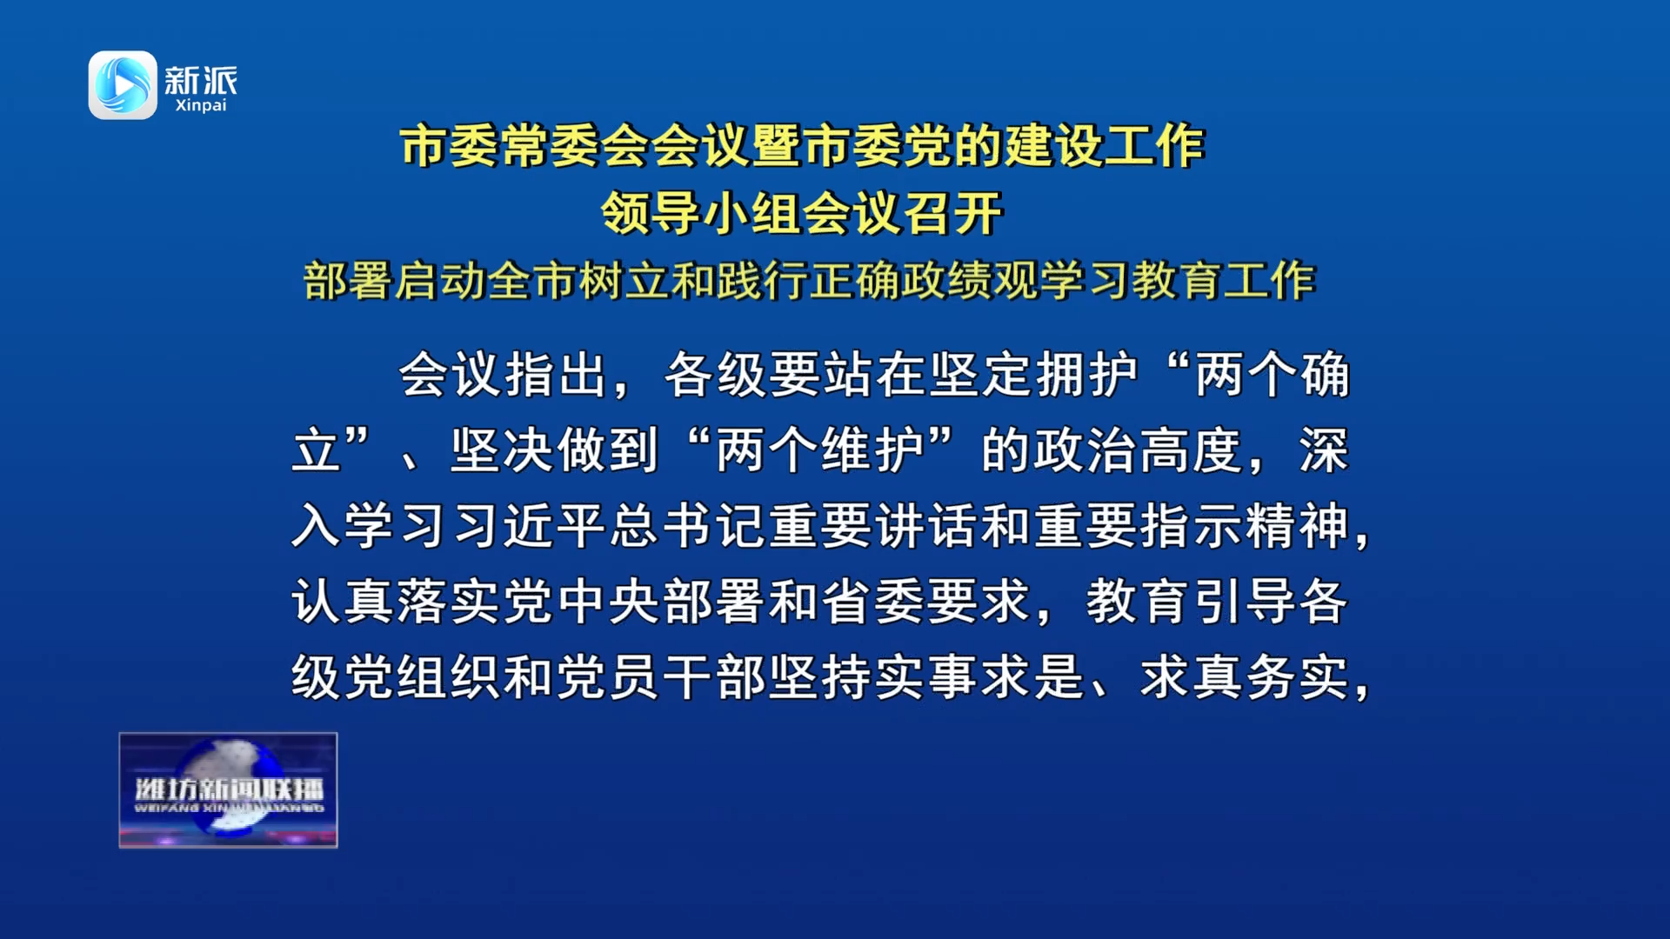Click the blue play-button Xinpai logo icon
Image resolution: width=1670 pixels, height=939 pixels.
point(123,85)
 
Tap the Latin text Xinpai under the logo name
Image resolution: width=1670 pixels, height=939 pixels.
point(201,105)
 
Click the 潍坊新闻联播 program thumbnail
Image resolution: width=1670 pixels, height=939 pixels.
point(228,789)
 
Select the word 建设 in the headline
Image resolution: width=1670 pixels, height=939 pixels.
point(1054,145)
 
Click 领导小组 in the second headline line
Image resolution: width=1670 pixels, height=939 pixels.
point(701,213)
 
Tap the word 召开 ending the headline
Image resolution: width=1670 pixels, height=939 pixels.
point(953,213)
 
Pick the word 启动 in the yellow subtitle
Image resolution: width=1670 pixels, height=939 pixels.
point(440,281)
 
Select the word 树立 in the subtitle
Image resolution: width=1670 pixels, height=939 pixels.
point(625,281)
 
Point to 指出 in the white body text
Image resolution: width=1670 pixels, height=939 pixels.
point(557,375)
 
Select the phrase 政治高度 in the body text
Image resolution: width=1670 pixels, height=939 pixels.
point(1139,450)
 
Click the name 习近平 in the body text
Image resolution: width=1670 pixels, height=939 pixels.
point(530,526)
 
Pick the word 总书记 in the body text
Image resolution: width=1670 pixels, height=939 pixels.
point(689,526)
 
